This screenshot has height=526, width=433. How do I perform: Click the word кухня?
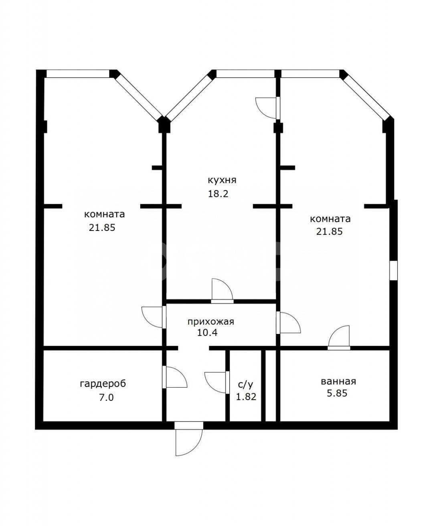[x=222, y=180]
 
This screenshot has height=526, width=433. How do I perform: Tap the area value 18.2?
[x=218, y=194]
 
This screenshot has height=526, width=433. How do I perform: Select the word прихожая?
[x=211, y=322]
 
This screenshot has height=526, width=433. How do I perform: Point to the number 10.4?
[x=207, y=333]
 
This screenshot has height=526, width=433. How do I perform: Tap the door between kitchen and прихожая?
[x=222, y=291]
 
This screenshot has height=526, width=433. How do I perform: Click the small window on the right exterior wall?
[x=394, y=270]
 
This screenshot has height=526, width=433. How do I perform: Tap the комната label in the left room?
[x=105, y=214]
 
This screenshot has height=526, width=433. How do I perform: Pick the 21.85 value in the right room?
[x=330, y=232]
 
